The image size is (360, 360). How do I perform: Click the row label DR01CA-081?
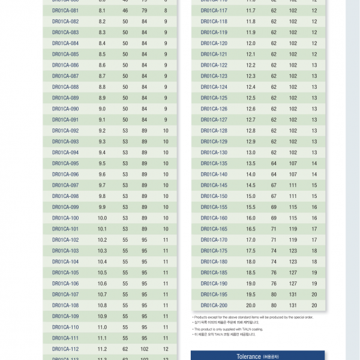[65, 10]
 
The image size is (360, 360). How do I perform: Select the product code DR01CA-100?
[65, 218]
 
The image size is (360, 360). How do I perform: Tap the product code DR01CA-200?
[214, 305]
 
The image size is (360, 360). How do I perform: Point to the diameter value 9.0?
[102, 109]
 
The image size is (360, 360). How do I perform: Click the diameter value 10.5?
[102, 272]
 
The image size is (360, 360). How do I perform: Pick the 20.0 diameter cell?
[251, 305]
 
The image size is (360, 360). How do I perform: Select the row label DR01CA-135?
[214, 163]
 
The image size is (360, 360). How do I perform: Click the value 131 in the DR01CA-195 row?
[293, 295]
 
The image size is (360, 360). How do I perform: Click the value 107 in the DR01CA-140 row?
[293, 174]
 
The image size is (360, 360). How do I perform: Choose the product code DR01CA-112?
[65, 349]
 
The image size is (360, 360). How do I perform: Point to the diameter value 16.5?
[251, 229]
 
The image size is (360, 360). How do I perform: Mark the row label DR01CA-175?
[214, 251]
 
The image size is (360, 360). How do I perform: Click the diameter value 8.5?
[102, 54]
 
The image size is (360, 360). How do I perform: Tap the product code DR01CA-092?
[65, 130]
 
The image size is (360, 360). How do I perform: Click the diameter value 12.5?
[251, 98]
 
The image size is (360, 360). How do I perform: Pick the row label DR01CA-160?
[214, 218]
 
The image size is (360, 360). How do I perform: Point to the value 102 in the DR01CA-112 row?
[145, 349]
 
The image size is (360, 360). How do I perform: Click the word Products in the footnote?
[202, 317]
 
